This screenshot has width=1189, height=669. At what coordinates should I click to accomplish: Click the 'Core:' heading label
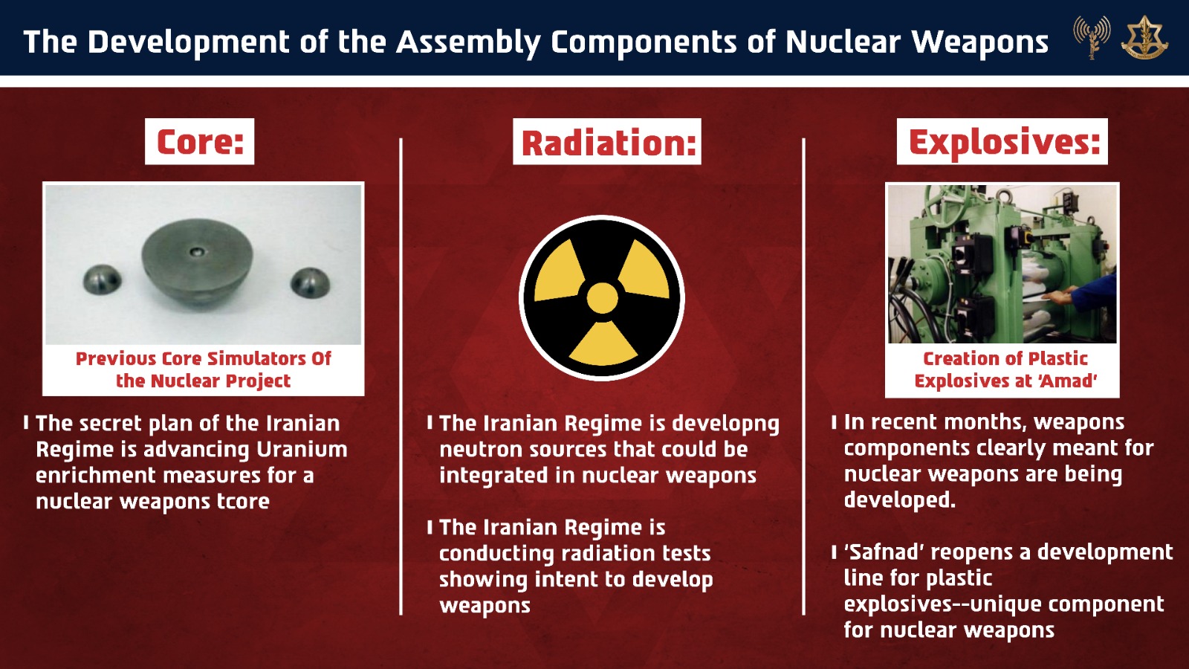click(200, 141)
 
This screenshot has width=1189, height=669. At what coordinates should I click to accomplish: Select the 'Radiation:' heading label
click(607, 142)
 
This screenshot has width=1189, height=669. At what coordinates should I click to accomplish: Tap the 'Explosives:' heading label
click(1002, 141)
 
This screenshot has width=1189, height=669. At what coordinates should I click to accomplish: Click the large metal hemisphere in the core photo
click(198, 265)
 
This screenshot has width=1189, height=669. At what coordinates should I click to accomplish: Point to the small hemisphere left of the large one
click(102, 280)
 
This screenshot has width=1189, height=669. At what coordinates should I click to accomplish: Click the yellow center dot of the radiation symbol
click(602, 298)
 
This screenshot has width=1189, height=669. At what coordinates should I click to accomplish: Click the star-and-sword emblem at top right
click(1144, 37)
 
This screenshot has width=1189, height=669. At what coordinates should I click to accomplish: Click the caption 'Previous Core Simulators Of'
click(203, 358)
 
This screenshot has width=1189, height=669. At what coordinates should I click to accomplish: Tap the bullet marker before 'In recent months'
click(834, 422)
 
